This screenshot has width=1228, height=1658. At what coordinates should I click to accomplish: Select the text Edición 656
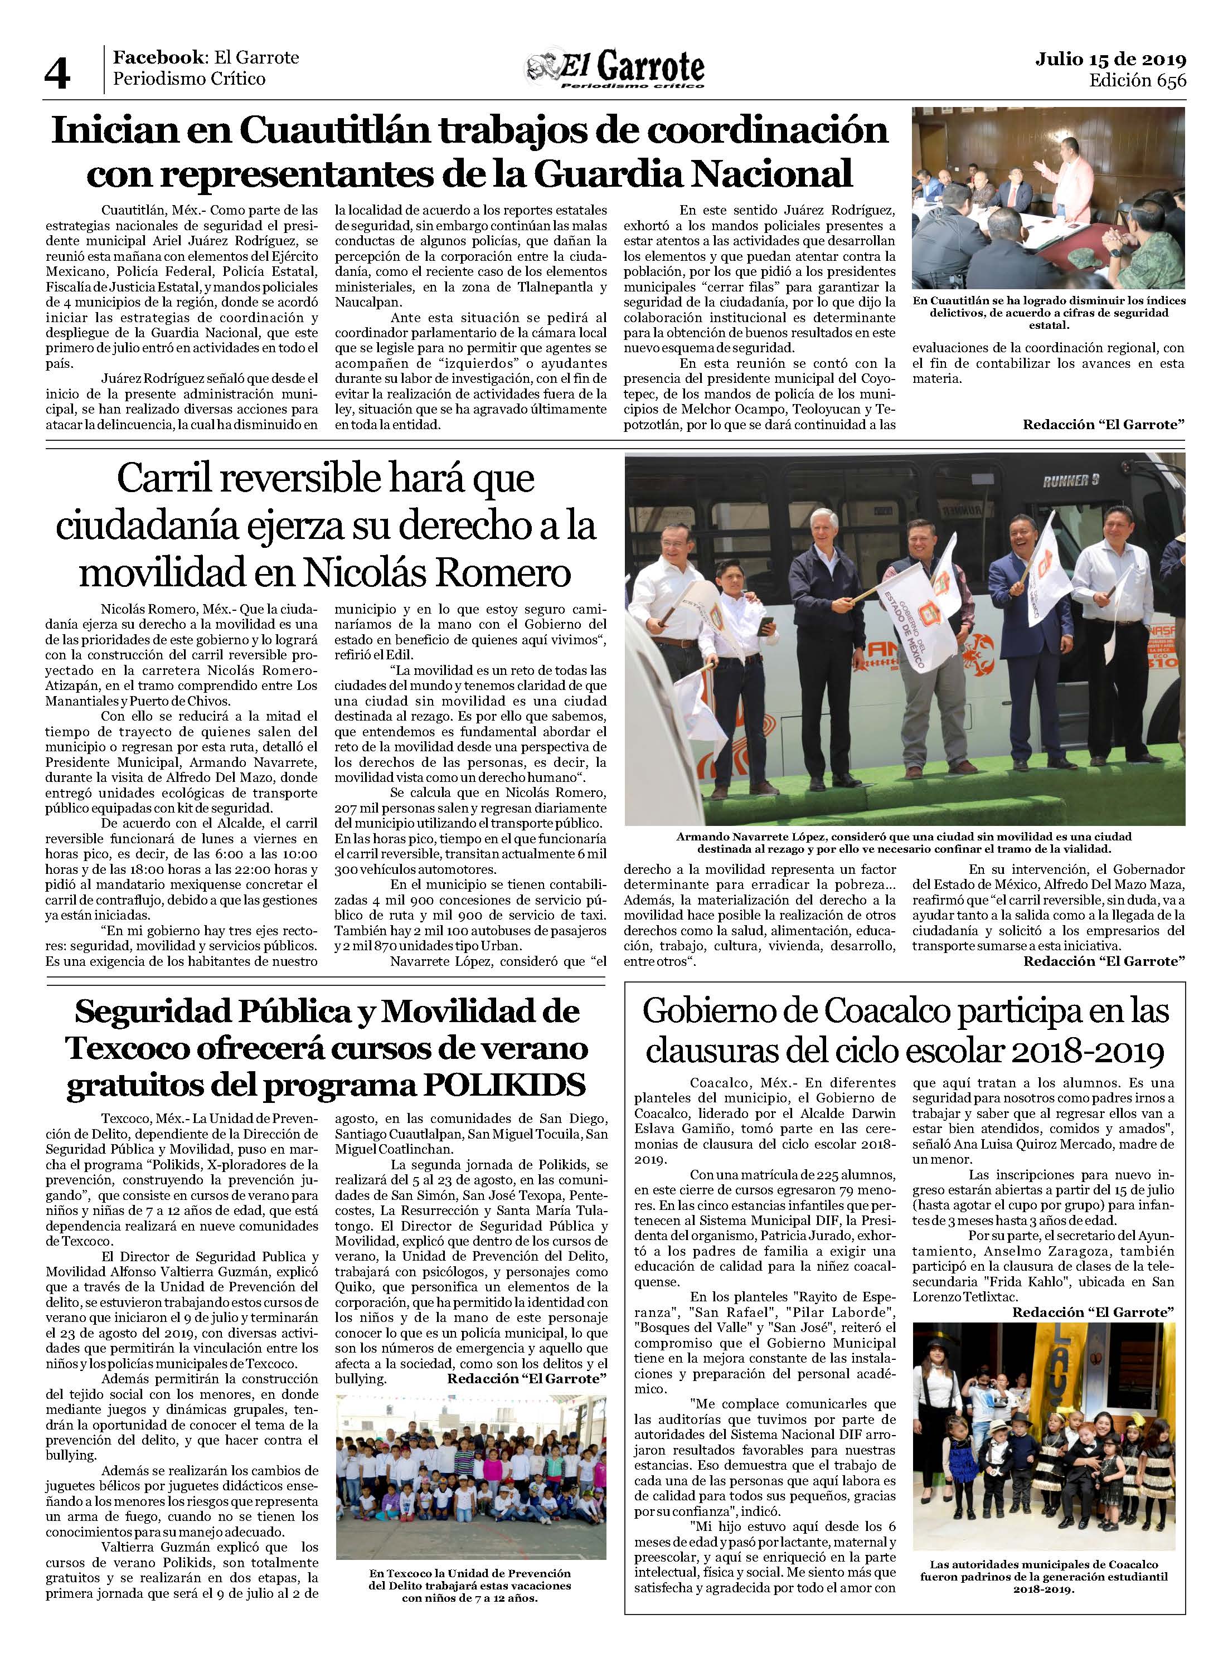point(1137,80)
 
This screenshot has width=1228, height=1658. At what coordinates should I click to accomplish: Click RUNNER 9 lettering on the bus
point(1070,481)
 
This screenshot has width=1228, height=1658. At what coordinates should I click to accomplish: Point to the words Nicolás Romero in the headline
point(436,573)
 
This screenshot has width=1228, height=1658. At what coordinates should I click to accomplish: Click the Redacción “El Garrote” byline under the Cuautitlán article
point(1103,424)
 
